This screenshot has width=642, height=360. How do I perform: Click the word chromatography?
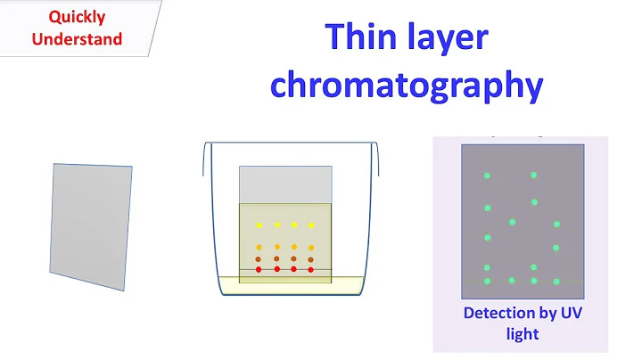coord(407,85)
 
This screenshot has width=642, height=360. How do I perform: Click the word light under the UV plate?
coord(521,334)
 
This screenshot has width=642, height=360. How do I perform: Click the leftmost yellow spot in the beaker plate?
coord(259,225)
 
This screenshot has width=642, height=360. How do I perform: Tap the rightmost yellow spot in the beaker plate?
coord(310,225)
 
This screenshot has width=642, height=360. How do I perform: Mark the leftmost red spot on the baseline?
coord(259,268)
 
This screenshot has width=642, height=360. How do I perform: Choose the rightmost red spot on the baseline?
coord(310,268)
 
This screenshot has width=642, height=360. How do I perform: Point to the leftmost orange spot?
coord(259,247)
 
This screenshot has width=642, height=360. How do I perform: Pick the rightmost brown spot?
coord(310,259)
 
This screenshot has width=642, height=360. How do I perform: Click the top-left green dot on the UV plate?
coord(487,176)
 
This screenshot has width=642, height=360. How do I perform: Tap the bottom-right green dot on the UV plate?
coord(556,281)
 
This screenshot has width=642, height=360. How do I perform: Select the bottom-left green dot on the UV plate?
coord(487,282)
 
